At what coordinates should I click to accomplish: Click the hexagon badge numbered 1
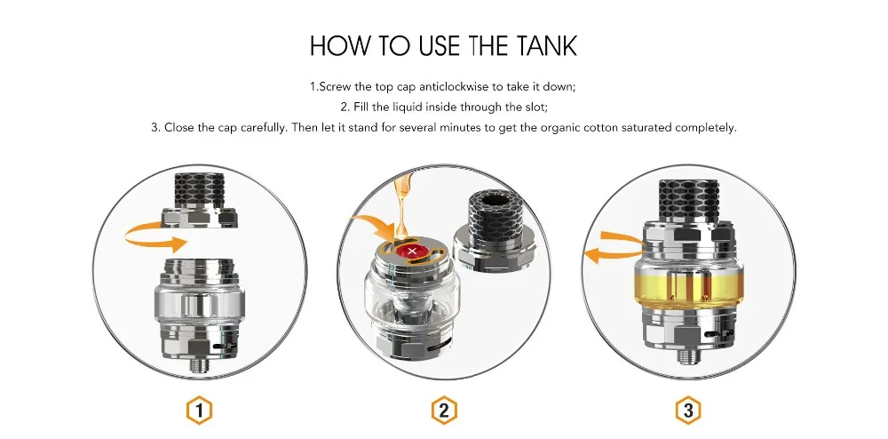(199, 410)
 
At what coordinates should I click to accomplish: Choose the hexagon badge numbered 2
(444, 410)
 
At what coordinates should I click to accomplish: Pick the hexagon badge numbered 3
(688, 410)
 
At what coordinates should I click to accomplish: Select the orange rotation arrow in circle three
(614, 248)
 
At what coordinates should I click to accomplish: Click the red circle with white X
(413, 251)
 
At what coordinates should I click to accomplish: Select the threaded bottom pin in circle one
(199, 366)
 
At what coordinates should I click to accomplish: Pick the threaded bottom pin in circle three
(687, 356)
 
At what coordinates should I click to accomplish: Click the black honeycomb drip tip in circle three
(687, 199)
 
